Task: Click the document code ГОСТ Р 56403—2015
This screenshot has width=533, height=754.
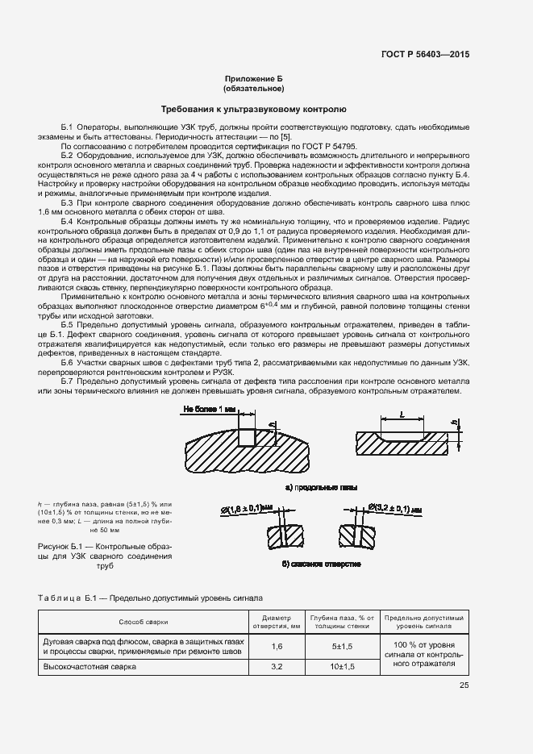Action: [425, 55]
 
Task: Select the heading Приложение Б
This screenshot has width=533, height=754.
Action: [254, 80]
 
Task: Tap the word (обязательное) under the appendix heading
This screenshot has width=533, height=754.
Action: [254, 89]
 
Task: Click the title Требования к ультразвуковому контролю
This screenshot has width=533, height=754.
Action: [254, 108]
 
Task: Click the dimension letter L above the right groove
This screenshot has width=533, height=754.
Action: [402, 414]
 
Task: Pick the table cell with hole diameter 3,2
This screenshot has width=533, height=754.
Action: [277, 667]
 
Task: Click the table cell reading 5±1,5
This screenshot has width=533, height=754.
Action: [342, 646]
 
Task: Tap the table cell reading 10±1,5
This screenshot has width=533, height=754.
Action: [342, 667]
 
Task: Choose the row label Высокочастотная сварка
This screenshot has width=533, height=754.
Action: [90, 667]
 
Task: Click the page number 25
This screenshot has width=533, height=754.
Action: [464, 686]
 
